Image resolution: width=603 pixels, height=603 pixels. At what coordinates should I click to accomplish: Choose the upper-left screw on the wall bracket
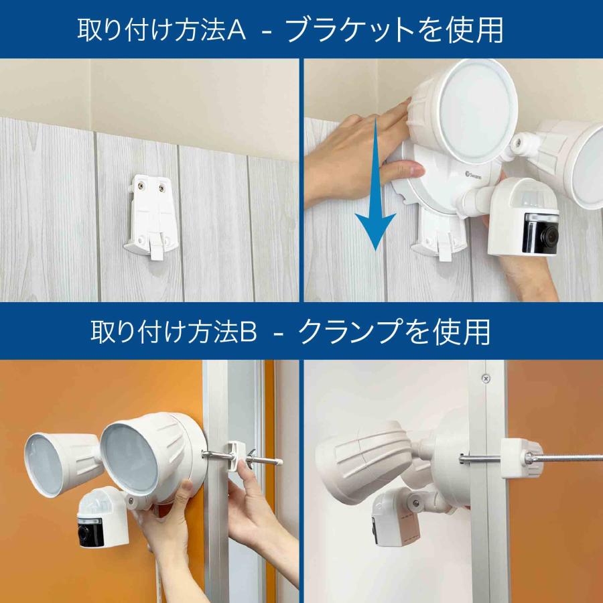pos(141,190)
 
